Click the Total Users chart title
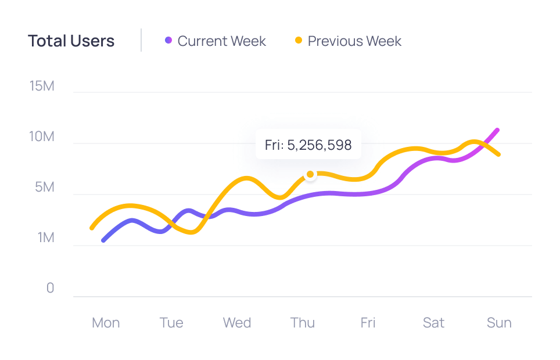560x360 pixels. coord(71,41)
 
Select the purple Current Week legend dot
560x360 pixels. coord(168,41)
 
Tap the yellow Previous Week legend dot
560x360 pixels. coord(299,41)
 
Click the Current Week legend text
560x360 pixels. coord(221,41)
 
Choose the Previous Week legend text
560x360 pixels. coord(354,41)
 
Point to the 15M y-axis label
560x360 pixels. coord(42,87)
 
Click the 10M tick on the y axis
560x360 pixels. coord(42,137)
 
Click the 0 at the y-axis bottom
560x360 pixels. coord(50,289)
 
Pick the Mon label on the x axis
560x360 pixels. coord(106,323)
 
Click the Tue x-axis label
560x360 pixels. coord(171,323)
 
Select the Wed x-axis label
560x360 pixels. coord(237,323)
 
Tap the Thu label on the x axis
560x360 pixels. coord(303,323)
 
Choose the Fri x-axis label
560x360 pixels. coord(368,323)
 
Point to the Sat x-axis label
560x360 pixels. coord(433,323)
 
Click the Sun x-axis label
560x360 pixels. coord(499,323)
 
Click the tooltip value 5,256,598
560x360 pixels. coord(319,145)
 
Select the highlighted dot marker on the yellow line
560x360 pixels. coord(310,174)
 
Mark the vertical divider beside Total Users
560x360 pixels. coord(141,41)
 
